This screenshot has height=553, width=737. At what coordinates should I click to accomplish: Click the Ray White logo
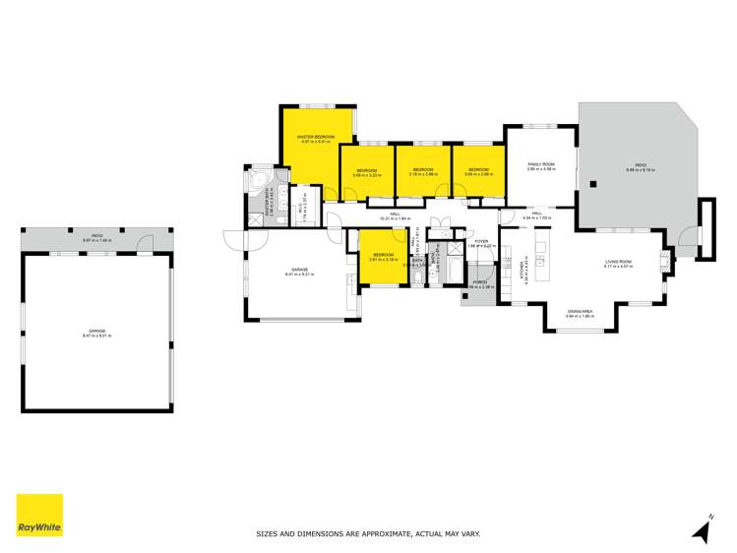pyautogui.click(x=39, y=515)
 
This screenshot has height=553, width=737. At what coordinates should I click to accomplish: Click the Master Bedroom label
pyautogui.click(x=316, y=139)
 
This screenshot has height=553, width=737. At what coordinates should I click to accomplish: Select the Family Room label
pyautogui.click(x=541, y=166)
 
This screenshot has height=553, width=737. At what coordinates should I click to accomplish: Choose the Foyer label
pyautogui.click(x=481, y=242)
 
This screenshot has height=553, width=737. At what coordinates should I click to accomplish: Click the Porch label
pyautogui.click(x=479, y=284)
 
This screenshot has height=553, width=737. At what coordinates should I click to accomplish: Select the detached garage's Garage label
pyautogui.click(x=96, y=333)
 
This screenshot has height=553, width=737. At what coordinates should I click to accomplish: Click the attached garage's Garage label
pyautogui.click(x=300, y=272)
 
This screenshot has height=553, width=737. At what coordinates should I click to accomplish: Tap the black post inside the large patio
pyautogui.click(x=593, y=182)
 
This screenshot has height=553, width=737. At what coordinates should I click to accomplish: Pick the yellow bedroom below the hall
pyautogui.click(x=382, y=257)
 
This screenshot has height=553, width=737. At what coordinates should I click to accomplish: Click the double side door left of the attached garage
pyautogui.click(x=232, y=241)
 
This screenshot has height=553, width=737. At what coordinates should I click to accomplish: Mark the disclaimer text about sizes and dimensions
pyautogui.click(x=368, y=534)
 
